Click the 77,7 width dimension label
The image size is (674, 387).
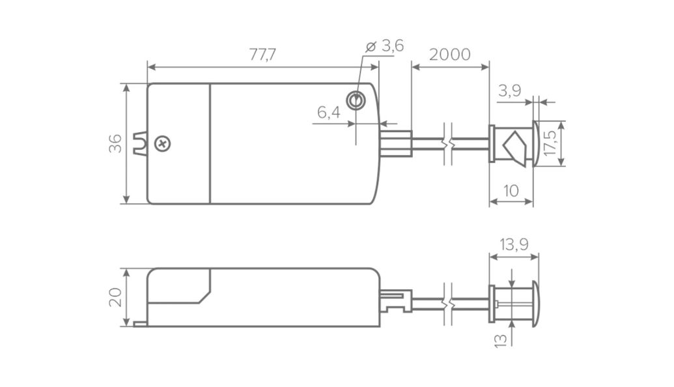point(262,55)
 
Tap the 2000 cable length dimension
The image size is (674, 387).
point(449,55)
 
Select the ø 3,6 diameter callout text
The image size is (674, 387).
point(385,46)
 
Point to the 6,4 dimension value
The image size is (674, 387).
point(329,113)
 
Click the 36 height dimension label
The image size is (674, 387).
point(115,143)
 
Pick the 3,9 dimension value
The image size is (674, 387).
point(510,91)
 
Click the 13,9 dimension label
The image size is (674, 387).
point(514,245)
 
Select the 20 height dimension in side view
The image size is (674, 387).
point(115,297)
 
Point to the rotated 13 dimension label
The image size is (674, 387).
point(501,339)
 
